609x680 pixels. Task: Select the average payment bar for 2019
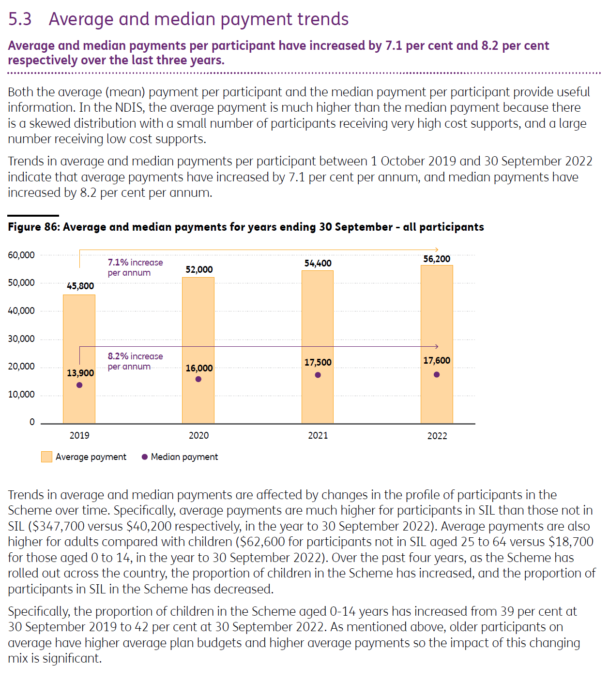(79, 359)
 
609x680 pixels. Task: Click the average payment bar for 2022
(437, 344)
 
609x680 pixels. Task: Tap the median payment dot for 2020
(198, 379)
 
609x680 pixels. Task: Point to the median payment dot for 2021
(318, 375)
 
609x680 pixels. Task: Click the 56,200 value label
(437, 259)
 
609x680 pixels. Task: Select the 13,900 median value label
(80, 373)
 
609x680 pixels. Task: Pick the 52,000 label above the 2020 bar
(199, 269)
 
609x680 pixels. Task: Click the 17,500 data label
(318, 362)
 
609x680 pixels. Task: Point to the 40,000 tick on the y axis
(21, 311)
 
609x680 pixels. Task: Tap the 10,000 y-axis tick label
(21, 394)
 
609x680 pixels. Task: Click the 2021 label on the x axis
(318, 436)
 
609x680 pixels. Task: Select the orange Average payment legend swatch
(46, 457)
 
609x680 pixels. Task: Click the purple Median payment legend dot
(144, 457)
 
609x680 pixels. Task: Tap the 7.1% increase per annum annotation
(135, 267)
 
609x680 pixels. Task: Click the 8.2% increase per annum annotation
(135, 361)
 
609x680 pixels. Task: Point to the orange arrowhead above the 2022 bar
(437, 250)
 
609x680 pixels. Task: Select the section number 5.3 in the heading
(19, 19)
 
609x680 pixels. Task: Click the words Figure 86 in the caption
(33, 227)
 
